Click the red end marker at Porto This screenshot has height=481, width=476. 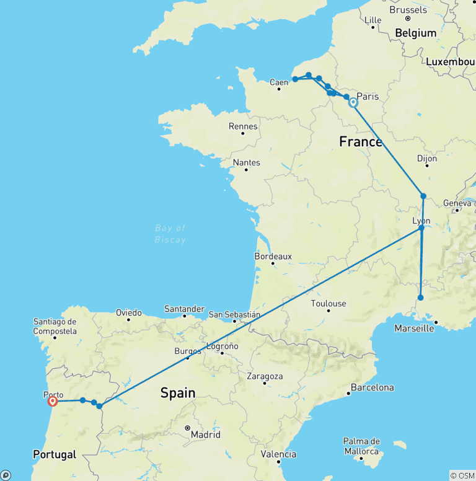[53, 401]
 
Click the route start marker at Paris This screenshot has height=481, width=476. [353, 103]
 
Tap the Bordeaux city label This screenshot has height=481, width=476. [273, 256]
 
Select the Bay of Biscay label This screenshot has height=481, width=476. [170, 234]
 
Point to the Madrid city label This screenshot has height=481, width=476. [205, 435]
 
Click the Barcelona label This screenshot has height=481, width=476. [372, 387]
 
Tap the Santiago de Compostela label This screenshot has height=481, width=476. [56, 326]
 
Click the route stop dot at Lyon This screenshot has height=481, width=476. [421, 228]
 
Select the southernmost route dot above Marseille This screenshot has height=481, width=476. [421, 298]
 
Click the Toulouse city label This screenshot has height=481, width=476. [328, 304]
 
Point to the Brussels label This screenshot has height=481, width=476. [408, 10]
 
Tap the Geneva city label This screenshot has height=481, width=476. [457, 203]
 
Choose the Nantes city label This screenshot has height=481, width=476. [247, 162]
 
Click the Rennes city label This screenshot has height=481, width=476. [243, 126]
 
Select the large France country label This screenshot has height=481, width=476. [361, 142]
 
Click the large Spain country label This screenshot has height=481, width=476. [178, 393]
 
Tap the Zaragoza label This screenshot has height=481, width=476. [264, 376]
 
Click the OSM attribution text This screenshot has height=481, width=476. [462, 475]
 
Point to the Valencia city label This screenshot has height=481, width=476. [278, 454]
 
